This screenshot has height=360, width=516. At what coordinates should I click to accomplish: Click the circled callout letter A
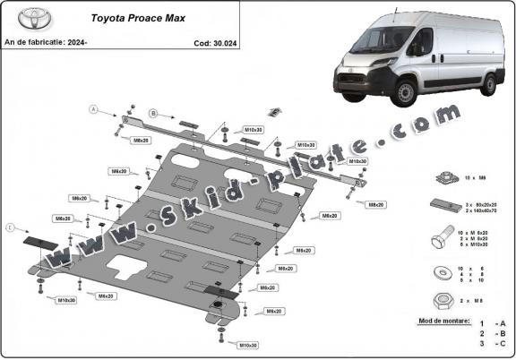point(91,109)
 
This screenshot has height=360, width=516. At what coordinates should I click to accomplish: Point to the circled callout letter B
point(153,114)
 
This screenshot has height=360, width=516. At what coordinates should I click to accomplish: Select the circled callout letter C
point(11,228)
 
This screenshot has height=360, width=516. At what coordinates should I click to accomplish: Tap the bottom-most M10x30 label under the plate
point(248,345)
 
